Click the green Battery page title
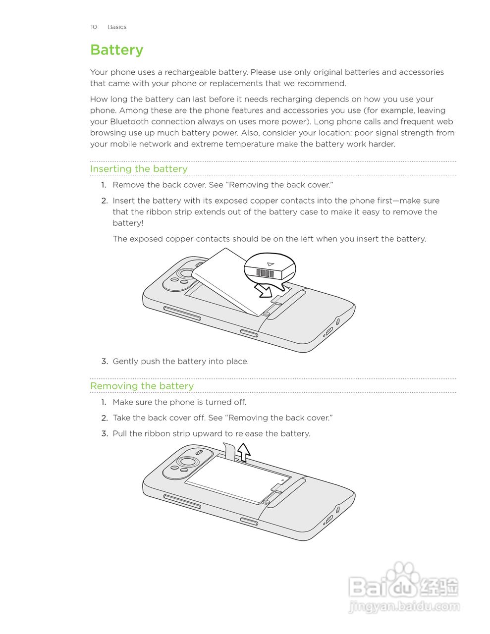116,50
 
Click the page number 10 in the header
94,27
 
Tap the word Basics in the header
117,27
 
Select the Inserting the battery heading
139,169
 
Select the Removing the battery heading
142,386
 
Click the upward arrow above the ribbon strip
243,452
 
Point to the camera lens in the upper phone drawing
187,274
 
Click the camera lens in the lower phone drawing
187,462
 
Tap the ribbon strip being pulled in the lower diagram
229,451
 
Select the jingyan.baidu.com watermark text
404,606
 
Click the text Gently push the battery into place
180,362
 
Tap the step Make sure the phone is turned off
179,402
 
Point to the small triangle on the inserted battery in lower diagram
282,479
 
